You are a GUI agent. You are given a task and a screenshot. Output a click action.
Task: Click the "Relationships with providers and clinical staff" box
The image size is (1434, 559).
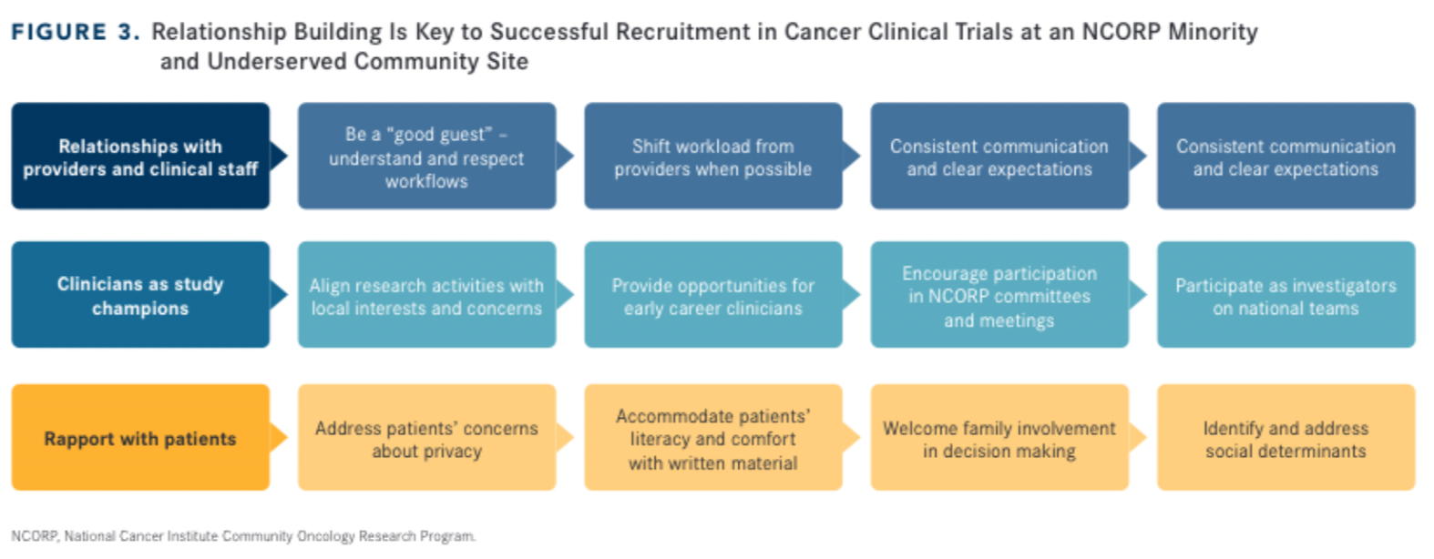click(140, 157)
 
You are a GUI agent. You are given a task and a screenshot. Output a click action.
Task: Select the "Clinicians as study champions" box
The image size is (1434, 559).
click(140, 295)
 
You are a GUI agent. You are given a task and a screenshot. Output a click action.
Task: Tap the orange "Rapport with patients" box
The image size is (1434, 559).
click(140, 438)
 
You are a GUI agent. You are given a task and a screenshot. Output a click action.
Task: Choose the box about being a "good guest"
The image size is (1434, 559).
click(426, 157)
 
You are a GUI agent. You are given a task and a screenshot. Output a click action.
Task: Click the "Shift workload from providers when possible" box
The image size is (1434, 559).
click(712, 157)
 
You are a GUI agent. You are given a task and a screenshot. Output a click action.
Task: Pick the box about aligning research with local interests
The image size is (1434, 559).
click(426, 295)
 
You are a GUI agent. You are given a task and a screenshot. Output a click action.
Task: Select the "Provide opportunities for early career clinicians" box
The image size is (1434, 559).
click(712, 295)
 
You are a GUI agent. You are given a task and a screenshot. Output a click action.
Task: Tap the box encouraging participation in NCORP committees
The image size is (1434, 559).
click(999, 295)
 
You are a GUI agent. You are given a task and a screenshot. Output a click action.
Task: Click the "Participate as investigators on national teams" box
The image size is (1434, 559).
click(1285, 295)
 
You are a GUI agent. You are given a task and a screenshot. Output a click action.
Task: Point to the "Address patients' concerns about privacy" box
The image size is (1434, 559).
click(426, 438)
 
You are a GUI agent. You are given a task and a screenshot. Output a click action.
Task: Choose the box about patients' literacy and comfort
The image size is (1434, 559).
click(712, 438)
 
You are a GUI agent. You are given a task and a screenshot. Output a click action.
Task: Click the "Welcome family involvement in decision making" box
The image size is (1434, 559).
click(999, 438)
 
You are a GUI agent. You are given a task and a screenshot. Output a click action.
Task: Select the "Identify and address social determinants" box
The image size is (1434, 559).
click(1285, 438)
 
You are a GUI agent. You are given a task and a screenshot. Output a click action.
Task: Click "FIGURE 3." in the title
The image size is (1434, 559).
click(76, 32)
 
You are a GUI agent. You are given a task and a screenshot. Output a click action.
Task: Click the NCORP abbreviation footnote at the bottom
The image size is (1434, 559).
click(243, 536)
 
